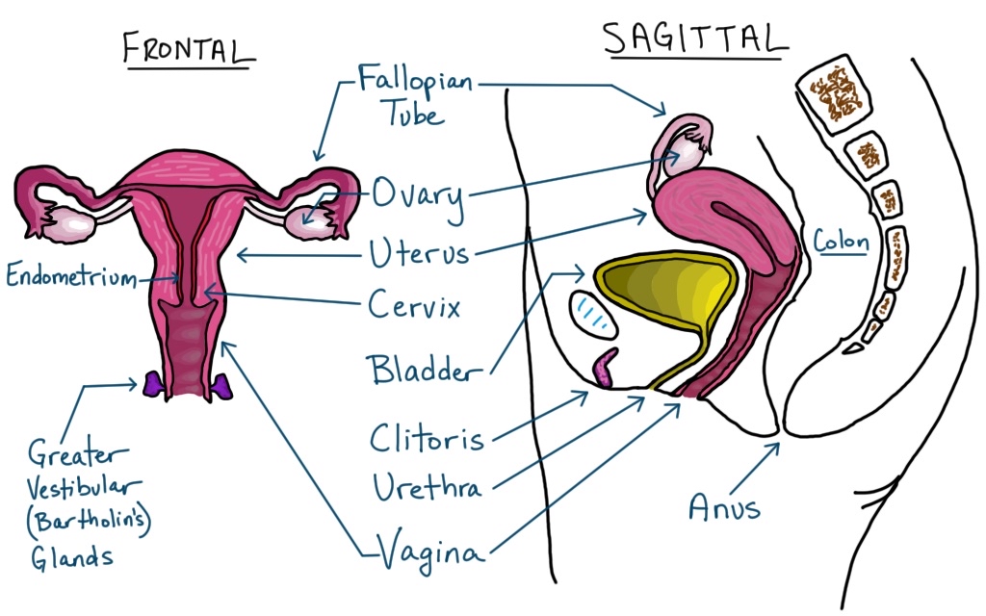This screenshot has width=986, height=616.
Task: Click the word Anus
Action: [723, 506]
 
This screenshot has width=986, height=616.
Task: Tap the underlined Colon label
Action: [841, 241]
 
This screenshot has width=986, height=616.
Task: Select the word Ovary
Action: [417, 196]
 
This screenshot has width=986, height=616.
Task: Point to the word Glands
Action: [69, 557]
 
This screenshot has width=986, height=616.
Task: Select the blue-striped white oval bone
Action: [595, 315]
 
